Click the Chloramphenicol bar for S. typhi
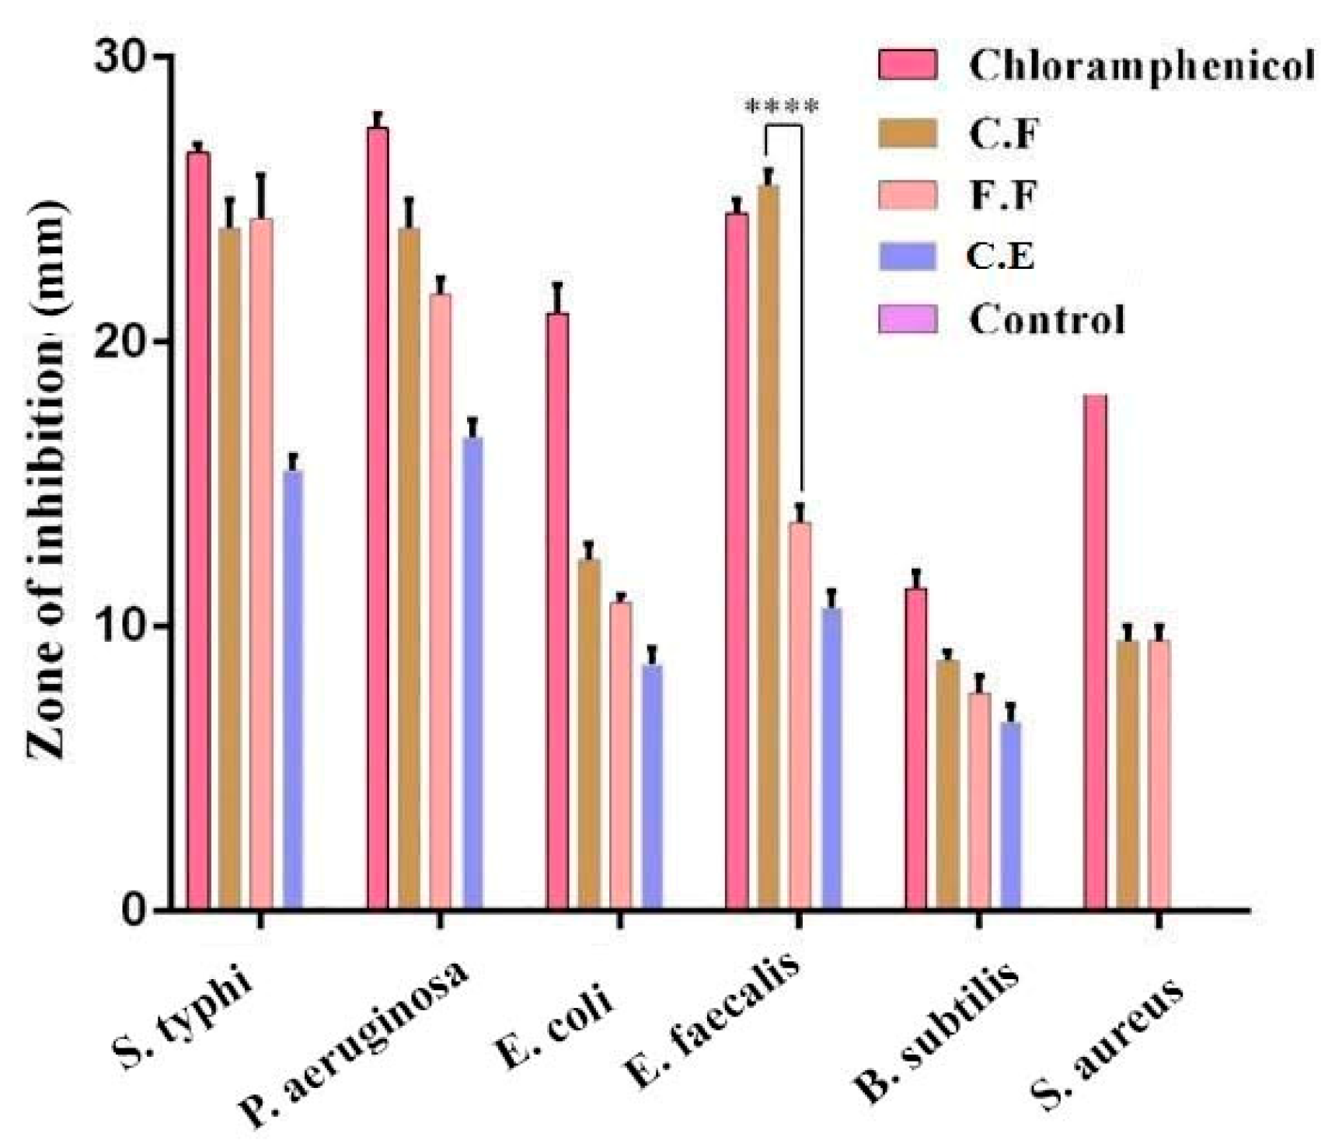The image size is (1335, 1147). tap(198, 528)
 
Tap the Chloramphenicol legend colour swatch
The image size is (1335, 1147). tap(907, 64)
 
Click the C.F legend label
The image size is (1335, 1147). tap(1003, 134)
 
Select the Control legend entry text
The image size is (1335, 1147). tap(1046, 319)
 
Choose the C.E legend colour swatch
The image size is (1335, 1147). tap(907, 256)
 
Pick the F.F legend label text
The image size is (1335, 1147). tap(1003, 194)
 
